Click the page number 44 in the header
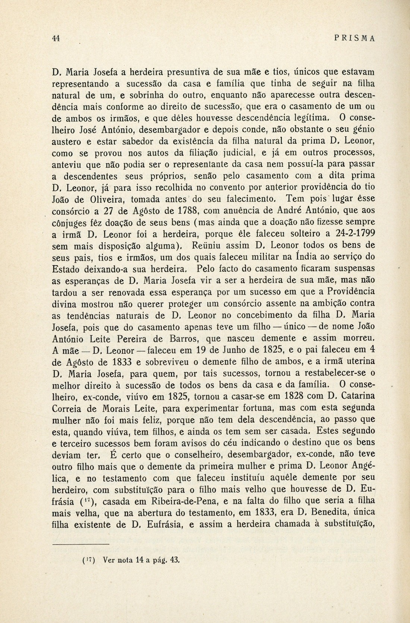pyautogui.click(x=56, y=38)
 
